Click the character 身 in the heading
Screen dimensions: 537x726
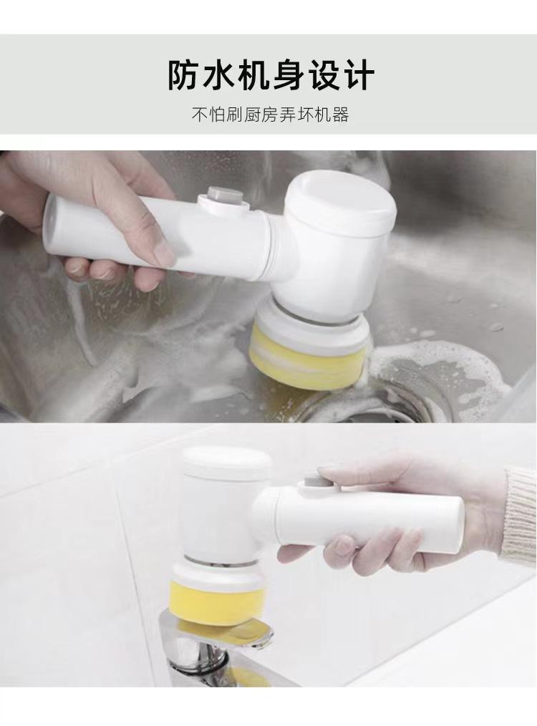click(288, 74)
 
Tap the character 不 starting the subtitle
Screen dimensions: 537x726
click(200, 115)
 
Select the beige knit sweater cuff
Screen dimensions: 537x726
click(520, 514)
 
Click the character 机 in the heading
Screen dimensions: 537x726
click(253, 74)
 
